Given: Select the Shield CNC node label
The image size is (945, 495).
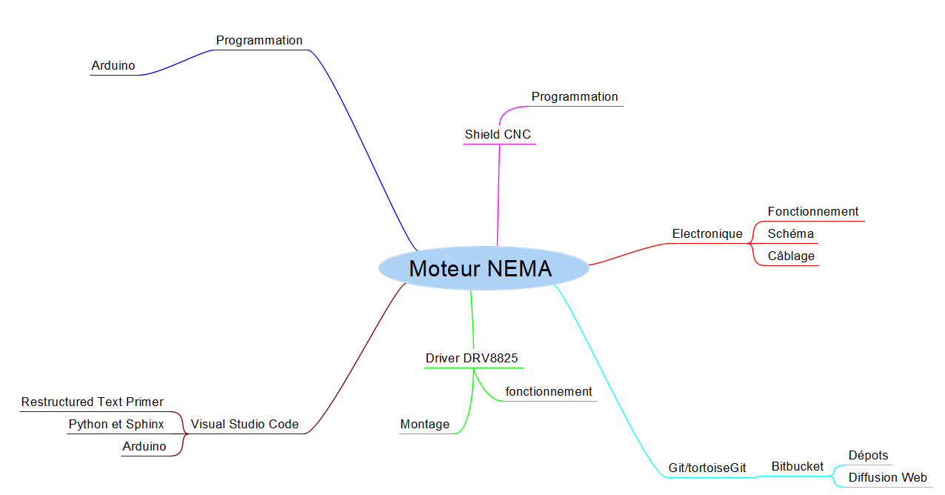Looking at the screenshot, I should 498,134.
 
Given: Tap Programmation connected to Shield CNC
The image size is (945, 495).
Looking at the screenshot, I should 574,96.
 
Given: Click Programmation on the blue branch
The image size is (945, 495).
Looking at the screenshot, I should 259,40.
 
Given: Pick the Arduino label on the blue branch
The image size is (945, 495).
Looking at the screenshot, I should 113,65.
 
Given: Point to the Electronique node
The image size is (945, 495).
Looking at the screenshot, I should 707,233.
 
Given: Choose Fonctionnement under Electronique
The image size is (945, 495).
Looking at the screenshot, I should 812,211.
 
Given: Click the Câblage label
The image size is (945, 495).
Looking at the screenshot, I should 791,256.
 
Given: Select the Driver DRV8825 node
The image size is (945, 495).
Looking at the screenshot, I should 472,358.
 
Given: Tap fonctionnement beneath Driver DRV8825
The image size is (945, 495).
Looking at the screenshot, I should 549,391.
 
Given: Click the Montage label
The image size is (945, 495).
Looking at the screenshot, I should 424,424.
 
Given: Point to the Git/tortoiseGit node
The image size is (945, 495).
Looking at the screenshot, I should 707,468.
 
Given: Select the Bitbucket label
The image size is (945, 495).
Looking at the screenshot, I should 797,466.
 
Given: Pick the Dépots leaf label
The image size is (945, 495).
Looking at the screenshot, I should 868,455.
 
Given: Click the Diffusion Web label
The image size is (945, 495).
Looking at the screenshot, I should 887,477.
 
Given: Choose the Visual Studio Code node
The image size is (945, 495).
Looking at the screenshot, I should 244,424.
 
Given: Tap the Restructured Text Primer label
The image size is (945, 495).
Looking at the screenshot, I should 93,402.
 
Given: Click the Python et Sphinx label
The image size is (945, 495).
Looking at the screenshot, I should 116,424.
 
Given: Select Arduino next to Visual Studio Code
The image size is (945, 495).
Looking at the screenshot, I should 144,446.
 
